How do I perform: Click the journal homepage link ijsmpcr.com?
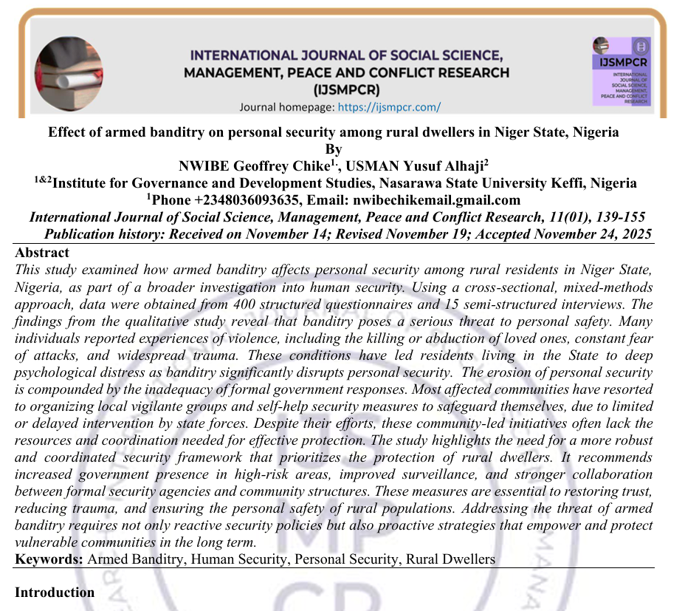click(388, 107)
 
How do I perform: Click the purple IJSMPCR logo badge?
click(623, 71)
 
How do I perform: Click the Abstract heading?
click(42, 253)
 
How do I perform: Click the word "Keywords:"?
click(49, 559)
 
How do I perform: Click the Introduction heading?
click(55, 593)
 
